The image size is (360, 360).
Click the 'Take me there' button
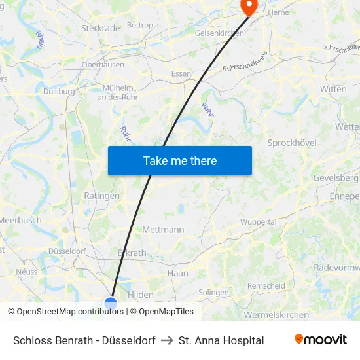click(x=180, y=160)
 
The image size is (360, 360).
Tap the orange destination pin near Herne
click(x=249, y=6)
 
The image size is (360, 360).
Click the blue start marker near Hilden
click(x=111, y=304)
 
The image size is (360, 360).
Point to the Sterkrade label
click(x=100, y=28)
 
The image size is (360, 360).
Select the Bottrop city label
click(x=140, y=26)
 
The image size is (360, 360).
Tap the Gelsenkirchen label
click(x=219, y=33)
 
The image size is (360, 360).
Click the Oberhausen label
click(x=103, y=65)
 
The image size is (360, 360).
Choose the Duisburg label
click(x=59, y=92)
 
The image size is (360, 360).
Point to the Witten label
click(x=333, y=89)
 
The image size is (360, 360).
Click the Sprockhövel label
click(x=292, y=143)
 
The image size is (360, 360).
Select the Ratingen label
click(x=102, y=196)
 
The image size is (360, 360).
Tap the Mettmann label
click(x=163, y=230)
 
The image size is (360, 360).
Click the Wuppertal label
click(x=258, y=222)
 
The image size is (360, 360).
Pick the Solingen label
click(x=213, y=293)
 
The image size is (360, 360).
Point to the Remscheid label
click(x=266, y=286)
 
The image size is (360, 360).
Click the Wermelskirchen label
click(x=276, y=315)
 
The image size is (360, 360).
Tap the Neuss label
click(x=27, y=272)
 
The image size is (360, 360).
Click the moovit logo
click(x=320, y=340)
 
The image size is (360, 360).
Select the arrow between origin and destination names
click(x=166, y=340)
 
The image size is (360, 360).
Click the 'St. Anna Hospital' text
click(x=221, y=340)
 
